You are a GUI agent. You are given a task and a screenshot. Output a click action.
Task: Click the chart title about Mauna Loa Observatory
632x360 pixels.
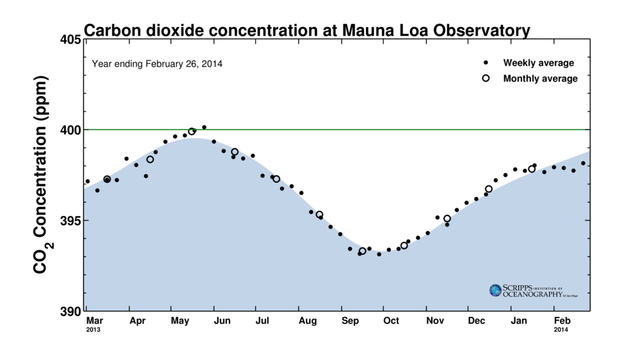coord(307,30)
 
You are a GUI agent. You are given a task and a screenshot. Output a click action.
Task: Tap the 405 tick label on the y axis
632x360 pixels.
coord(71,40)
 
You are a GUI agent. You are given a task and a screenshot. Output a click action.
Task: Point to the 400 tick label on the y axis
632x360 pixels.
coord(71,130)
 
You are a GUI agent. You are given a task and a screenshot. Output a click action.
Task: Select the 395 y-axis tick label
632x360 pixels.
coord(71,220)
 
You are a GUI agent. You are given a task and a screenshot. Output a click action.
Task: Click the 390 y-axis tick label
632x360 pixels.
coord(71,311)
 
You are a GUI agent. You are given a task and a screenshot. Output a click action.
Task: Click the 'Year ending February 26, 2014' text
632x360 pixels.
coord(157,64)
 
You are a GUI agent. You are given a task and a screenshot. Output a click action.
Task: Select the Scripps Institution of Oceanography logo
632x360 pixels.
coord(534,291)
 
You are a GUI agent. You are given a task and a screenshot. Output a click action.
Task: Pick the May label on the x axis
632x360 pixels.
coord(180,321)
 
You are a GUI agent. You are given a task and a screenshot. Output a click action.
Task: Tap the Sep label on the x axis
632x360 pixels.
coord(350,321)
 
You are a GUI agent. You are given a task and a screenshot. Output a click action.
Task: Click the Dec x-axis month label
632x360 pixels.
coord(477,321)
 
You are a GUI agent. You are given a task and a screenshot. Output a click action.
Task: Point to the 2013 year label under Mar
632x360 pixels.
coord(93,330)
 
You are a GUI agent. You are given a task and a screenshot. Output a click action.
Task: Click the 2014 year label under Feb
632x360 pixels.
coord(561,330)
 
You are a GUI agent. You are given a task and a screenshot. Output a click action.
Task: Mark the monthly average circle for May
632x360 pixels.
coord(191,131)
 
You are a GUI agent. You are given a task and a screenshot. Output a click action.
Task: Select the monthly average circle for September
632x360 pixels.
coord(362,251)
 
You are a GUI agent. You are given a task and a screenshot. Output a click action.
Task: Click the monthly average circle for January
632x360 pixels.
coord(532,169)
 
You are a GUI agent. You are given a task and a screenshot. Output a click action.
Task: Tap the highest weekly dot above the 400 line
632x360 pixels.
coord(204,128)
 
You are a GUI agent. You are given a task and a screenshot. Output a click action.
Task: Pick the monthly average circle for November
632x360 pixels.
coord(447,219)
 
